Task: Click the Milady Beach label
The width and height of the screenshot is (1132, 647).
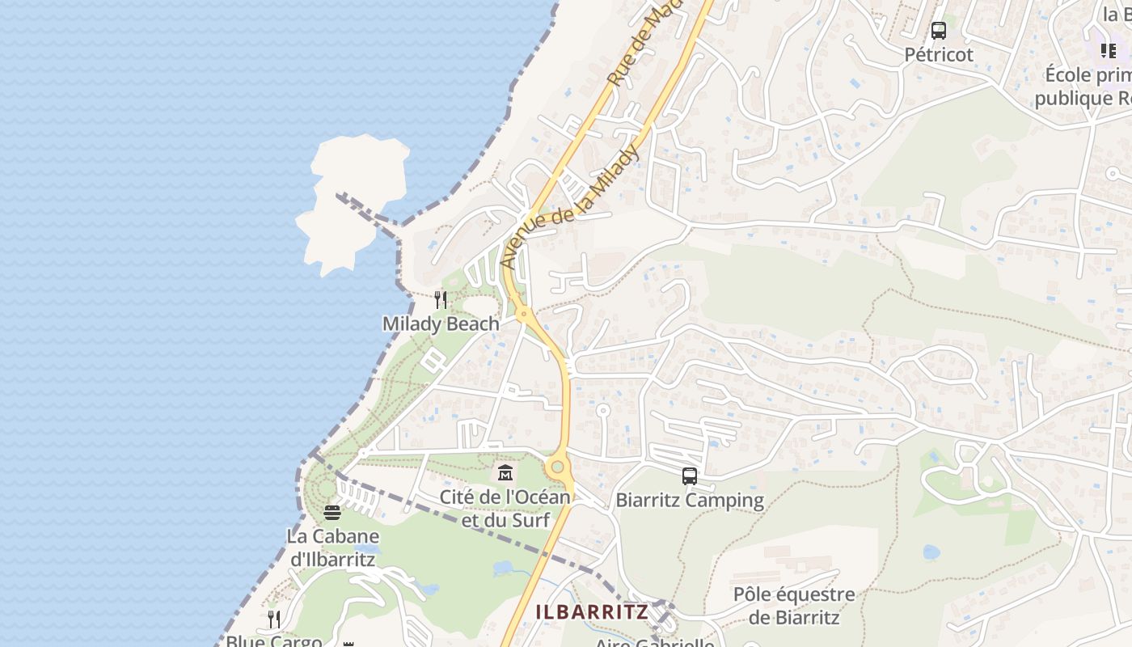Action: [x=441, y=323]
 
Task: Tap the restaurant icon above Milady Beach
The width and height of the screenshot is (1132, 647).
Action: [x=441, y=300]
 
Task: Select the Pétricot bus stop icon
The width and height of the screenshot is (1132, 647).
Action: [x=938, y=32]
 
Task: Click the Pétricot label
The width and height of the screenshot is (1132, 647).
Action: [x=939, y=55]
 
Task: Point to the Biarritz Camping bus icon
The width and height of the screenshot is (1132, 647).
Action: [x=689, y=476]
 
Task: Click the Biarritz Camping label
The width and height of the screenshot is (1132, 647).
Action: [x=690, y=500]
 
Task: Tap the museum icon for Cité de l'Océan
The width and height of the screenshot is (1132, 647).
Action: [x=505, y=472]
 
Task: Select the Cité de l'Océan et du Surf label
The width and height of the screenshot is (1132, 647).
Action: [x=505, y=508]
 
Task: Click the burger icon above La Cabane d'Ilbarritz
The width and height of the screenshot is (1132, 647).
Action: [x=332, y=512]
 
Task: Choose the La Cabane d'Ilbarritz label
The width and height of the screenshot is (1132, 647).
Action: [x=332, y=548]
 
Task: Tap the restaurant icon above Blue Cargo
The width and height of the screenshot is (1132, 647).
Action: [x=274, y=620]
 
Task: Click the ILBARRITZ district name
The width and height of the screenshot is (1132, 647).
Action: [x=592, y=612]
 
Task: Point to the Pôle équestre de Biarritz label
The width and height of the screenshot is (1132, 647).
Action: [x=793, y=606]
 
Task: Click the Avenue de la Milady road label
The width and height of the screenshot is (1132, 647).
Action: [x=571, y=208]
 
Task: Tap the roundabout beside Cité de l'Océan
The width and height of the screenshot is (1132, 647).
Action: [x=555, y=467]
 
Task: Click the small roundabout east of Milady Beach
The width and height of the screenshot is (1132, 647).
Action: [x=524, y=313]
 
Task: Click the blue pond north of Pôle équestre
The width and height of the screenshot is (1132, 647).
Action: [x=931, y=552]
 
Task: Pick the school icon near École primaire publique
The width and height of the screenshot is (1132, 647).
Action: [x=1108, y=51]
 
